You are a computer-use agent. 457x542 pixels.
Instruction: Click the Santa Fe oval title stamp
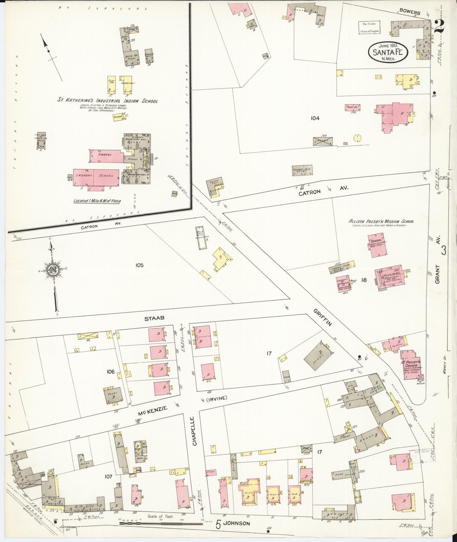tap(388, 51)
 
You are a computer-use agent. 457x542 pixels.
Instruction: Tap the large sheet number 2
tap(439, 26)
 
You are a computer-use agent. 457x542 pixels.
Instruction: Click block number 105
tap(139, 265)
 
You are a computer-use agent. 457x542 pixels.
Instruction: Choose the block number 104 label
tap(315, 118)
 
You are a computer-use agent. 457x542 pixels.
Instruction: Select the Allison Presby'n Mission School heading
tap(381, 222)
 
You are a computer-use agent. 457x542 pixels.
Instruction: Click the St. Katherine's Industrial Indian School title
tap(107, 101)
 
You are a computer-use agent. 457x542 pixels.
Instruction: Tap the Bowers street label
tap(410, 13)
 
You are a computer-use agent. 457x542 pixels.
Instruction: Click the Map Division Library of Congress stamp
tap(369, 27)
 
